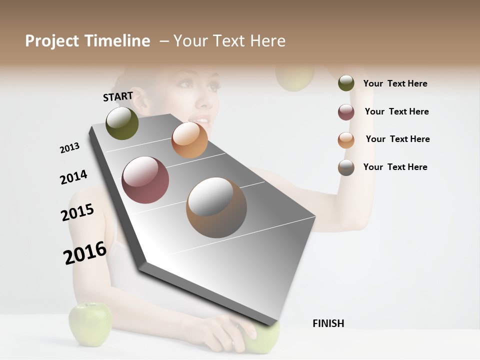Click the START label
point(118,96)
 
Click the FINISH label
point(328,323)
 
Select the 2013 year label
point(69,148)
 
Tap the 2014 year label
point(73,177)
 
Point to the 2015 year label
point(77,212)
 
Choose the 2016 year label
point(85,253)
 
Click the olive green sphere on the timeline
point(122,123)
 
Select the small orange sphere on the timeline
point(189,140)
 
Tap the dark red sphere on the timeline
point(145,180)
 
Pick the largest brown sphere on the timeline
point(216,207)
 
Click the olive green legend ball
point(346,83)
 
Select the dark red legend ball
point(346,112)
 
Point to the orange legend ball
point(346,140)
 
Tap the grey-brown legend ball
point(346,167)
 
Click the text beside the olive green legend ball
point(395,83)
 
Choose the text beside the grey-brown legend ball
point(395,167)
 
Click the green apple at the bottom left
point(90,324)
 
